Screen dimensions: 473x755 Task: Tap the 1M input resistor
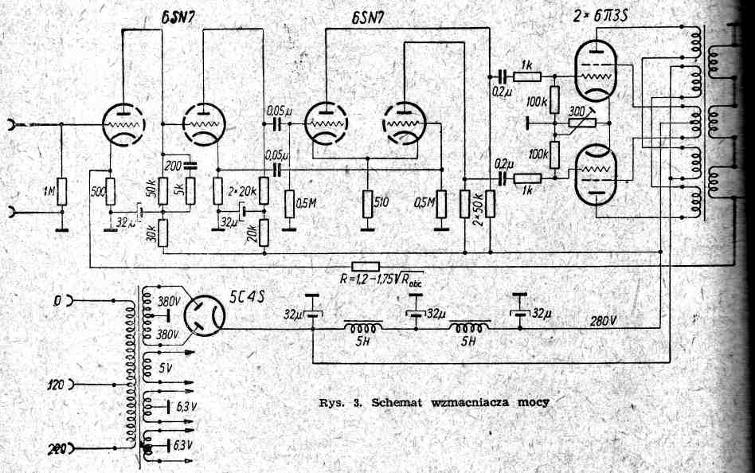(x=61, y=192)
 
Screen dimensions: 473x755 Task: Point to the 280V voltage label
(x=602, y=321)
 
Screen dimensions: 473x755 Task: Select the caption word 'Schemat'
(x=397, y=402)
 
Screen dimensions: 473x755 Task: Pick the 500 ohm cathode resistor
(x=111, y=191)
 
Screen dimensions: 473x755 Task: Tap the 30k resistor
(x=162, y=233)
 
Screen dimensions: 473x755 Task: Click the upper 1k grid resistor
(x=526, y=76)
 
